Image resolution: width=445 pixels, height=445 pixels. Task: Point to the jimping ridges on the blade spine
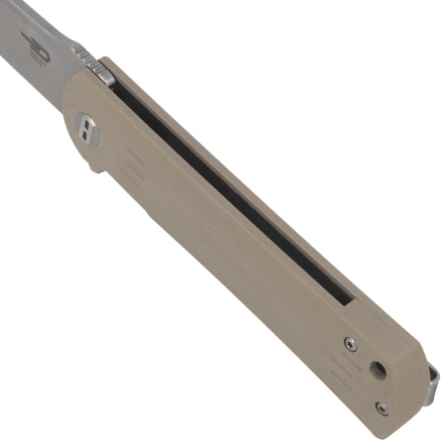[85, 57]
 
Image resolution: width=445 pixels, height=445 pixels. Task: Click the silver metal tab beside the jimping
[101, 69]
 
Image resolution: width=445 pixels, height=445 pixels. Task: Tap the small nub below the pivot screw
[95, 167]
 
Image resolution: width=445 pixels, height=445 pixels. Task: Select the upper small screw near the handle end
[350, 343]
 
